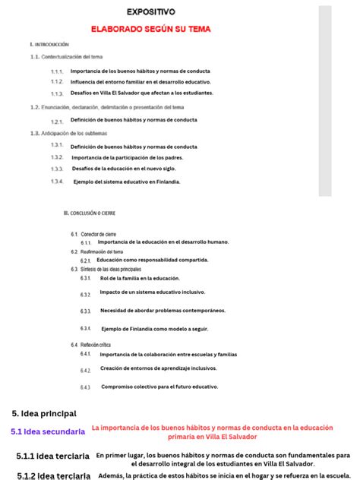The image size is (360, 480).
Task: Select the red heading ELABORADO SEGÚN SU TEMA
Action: (150, 29)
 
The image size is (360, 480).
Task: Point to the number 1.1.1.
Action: (57, 71)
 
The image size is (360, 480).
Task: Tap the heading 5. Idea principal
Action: (44, 413)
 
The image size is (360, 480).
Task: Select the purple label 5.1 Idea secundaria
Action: (48, 431)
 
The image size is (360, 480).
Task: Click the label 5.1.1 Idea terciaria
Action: (52, 456)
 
